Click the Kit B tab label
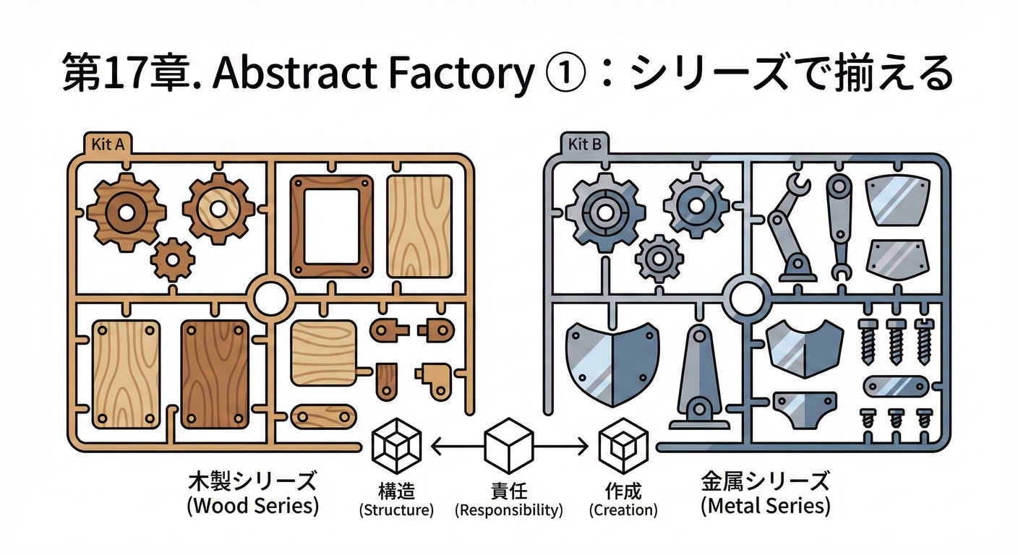tap(584, 143)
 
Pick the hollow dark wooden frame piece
tap(332, 226)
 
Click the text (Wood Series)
tap(253, 505)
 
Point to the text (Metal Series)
tap(765, 505)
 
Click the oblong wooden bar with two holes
tap(323, 418)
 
